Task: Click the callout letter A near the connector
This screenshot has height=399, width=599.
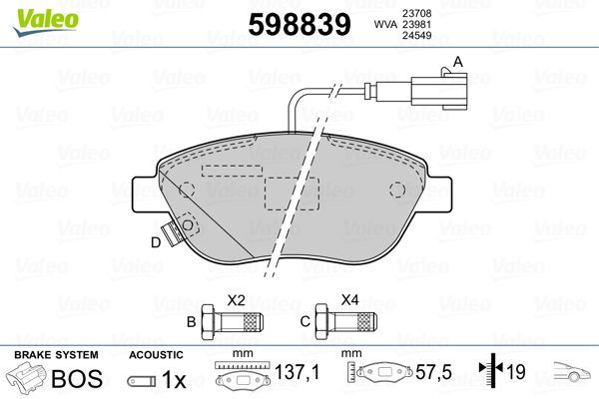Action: pos(458,62)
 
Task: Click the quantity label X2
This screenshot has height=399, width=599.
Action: pos(237,299)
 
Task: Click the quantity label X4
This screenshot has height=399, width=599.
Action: pos(349,299)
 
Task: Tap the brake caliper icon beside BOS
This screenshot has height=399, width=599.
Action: pos(29,379)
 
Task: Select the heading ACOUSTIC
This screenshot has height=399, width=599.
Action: pos(156,355)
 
